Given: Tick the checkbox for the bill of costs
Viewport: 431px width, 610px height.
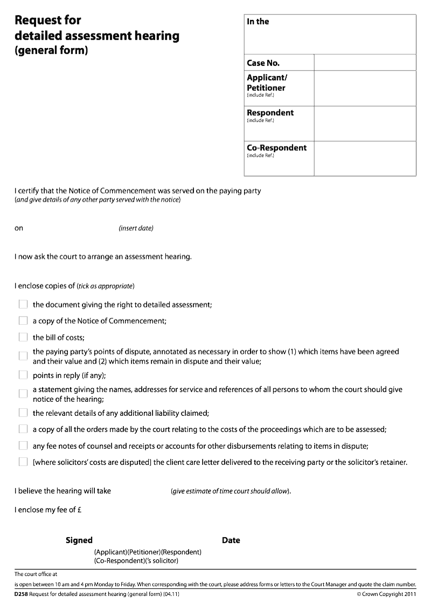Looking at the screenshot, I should tap(23, 337).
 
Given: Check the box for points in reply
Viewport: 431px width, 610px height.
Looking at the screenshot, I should tap(23, 375).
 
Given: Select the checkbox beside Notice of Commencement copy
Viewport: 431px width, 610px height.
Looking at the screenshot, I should tap(23, 320).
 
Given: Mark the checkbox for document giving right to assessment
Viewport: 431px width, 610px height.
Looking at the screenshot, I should tap(23, 304).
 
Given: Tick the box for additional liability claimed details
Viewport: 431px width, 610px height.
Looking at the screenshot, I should tap(23, 413).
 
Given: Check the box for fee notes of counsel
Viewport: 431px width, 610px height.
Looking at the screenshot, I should tap(23, 445).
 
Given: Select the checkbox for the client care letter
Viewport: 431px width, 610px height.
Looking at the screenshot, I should tap(23, 462).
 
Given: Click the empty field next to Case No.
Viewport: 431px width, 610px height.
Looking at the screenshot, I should tap(365, 63).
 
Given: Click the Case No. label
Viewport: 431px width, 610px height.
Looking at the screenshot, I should tap(263, 63).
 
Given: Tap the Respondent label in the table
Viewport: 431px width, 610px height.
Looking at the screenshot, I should tap(270, 113).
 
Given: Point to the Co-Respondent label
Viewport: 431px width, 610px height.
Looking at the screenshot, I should tap(276, 148).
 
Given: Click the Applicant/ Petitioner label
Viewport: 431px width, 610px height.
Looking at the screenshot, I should tap(266, 83).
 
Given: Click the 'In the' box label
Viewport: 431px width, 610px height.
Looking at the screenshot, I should tap(258, 22).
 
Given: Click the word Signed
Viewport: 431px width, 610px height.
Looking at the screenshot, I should tap(79, 540).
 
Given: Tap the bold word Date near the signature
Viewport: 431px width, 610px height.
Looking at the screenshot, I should tap(231, 540).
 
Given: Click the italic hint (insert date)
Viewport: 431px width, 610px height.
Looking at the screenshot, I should tap(136, 228).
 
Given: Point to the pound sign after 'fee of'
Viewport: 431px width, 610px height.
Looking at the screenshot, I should tap(79, 510).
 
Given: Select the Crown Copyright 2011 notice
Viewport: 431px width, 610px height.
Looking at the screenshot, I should tap(386, 594).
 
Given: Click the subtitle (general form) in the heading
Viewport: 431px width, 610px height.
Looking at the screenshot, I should tap(51, 52).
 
